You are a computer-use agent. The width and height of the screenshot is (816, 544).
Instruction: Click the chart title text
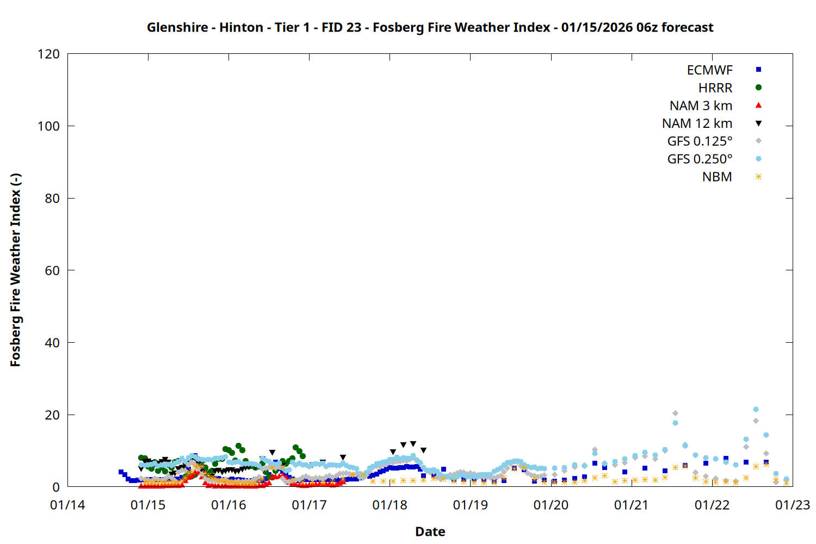pyautogui.click(x=430, y=27)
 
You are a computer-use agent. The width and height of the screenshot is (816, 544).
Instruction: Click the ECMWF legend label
pyautogui.click(x=709, y=70)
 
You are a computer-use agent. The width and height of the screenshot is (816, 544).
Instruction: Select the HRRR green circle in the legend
pyautogui.click(x=758, y=88)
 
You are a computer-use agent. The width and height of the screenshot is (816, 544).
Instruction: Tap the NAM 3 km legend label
pyautogui.click(x=701, y=106)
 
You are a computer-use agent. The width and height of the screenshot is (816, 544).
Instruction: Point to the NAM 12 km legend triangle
pyautogui.click(x=758, y=123)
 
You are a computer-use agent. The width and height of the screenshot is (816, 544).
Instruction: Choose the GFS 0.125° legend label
pyautogui.click(x=700, y=141)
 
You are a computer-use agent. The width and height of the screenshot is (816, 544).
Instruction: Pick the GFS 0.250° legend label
pyautogui.click(x=700, y=159)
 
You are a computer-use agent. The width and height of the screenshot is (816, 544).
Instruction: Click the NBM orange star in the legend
pyautogui.click(x=758, y=177)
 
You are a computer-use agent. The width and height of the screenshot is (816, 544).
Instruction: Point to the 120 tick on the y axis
pyautogui.click(x=48, y=54)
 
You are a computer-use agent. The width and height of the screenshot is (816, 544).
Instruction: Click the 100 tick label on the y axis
pyautogui.click(x=48, y=126)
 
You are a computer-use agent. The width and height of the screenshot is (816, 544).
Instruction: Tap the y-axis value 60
pyautogui.click(x=52, y=270)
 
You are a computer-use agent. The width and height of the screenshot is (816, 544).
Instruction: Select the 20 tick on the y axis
pyautogui.click(x=52, y=415)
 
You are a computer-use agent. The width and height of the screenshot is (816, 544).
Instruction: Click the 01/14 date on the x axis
pyautogui.click(x=67, y=505)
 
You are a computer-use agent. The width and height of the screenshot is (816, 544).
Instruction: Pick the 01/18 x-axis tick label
pyautogui.click(x=390, y=505)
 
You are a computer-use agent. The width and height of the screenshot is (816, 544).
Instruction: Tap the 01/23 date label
pyautogui.click(x=792, y=505)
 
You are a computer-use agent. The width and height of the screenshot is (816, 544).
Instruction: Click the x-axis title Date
pyautogui.click(x=430, y=531)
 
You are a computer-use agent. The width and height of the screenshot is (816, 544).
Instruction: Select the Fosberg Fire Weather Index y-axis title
pyautogui.click(x=15, y=270)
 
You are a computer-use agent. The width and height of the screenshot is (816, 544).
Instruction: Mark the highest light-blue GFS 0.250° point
pyautogui.click(x=756, y=410)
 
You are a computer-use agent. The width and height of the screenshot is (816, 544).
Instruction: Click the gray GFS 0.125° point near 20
pyautogui.click(x=675, y=413)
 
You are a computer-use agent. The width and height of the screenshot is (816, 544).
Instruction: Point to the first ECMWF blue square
pyautogui.click(x=121, y=472)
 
